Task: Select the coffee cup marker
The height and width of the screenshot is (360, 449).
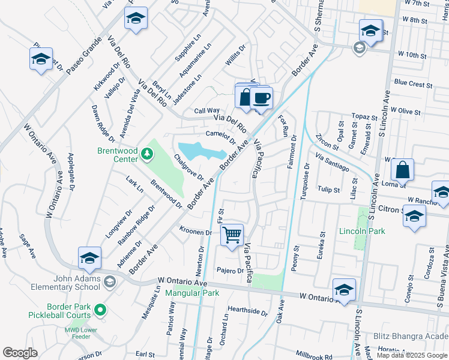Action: (x=261, y=97)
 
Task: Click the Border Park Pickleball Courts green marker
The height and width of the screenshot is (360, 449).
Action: (x=101, y=310)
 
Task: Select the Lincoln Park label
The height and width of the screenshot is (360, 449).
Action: (x=361, y=232)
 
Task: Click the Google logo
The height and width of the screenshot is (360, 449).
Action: (x=20, y=353)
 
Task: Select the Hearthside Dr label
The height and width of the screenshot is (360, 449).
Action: (x=247, y=311)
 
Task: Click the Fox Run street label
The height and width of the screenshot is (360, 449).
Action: (x=284, y=125)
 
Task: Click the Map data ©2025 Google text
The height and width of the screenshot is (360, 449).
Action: (x=412, y=355)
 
